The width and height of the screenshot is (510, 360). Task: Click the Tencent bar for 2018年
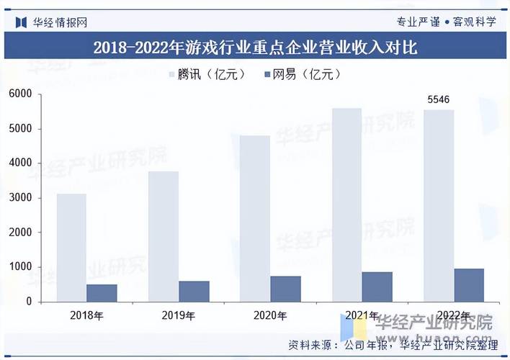point(71,248)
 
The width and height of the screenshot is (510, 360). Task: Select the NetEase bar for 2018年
point(102,293)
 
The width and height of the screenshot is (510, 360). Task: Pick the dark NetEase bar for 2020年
point(285,289)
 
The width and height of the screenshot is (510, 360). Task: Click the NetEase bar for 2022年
point(469,285)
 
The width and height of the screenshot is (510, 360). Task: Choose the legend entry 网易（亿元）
point(303,74)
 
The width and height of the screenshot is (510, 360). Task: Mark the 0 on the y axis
point(29,302)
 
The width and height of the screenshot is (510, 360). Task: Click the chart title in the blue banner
point(255,48)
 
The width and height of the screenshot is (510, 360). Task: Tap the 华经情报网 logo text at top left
point(60,22)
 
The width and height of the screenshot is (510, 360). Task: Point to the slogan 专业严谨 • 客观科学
point(446,22)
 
